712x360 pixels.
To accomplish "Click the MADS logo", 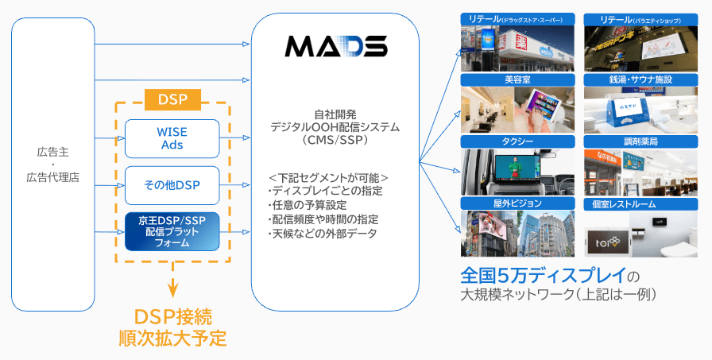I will [335, 47].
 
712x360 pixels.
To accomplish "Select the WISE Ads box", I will [172, 138].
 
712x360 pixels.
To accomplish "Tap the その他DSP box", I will [172, 185].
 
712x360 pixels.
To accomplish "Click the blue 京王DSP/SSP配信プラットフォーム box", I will [172, 232].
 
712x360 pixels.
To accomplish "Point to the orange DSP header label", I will [172, 99].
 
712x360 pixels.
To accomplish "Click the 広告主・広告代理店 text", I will [52, 165].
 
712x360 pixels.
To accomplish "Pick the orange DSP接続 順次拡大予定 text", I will [172, 327].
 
